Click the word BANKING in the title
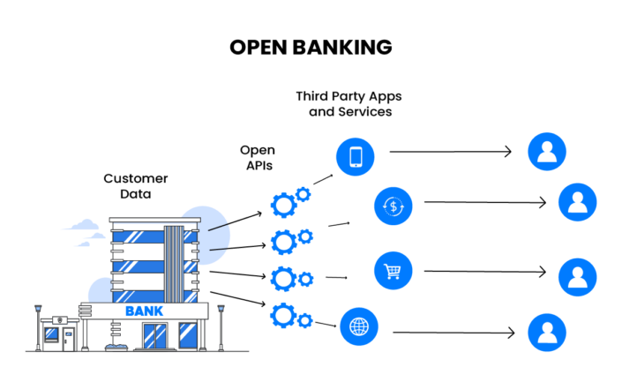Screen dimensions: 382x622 pos(340,48)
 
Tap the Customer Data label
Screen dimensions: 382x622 pos(135,185)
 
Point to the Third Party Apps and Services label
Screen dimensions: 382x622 pos(348,104)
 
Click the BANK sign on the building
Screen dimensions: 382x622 pos(143,311)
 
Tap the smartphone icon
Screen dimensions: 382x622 pos(356,157)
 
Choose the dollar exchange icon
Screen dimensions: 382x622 pos(393,206)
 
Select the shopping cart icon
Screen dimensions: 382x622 pos(393,271)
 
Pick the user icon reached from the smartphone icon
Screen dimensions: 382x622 pos(546,152)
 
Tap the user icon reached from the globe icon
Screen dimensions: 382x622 pos(546,333)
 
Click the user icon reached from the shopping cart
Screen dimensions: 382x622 pos(577,275)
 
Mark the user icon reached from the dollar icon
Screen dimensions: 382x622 pos(577,201)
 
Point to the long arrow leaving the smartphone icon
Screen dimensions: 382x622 pos(450,152)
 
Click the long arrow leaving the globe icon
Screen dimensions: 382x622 pos(453,333)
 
